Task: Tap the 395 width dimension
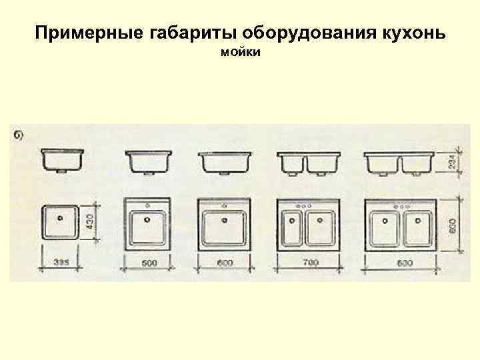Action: click(61, 262)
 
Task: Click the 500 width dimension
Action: click(149, 263)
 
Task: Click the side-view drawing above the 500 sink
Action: click(149, 162)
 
